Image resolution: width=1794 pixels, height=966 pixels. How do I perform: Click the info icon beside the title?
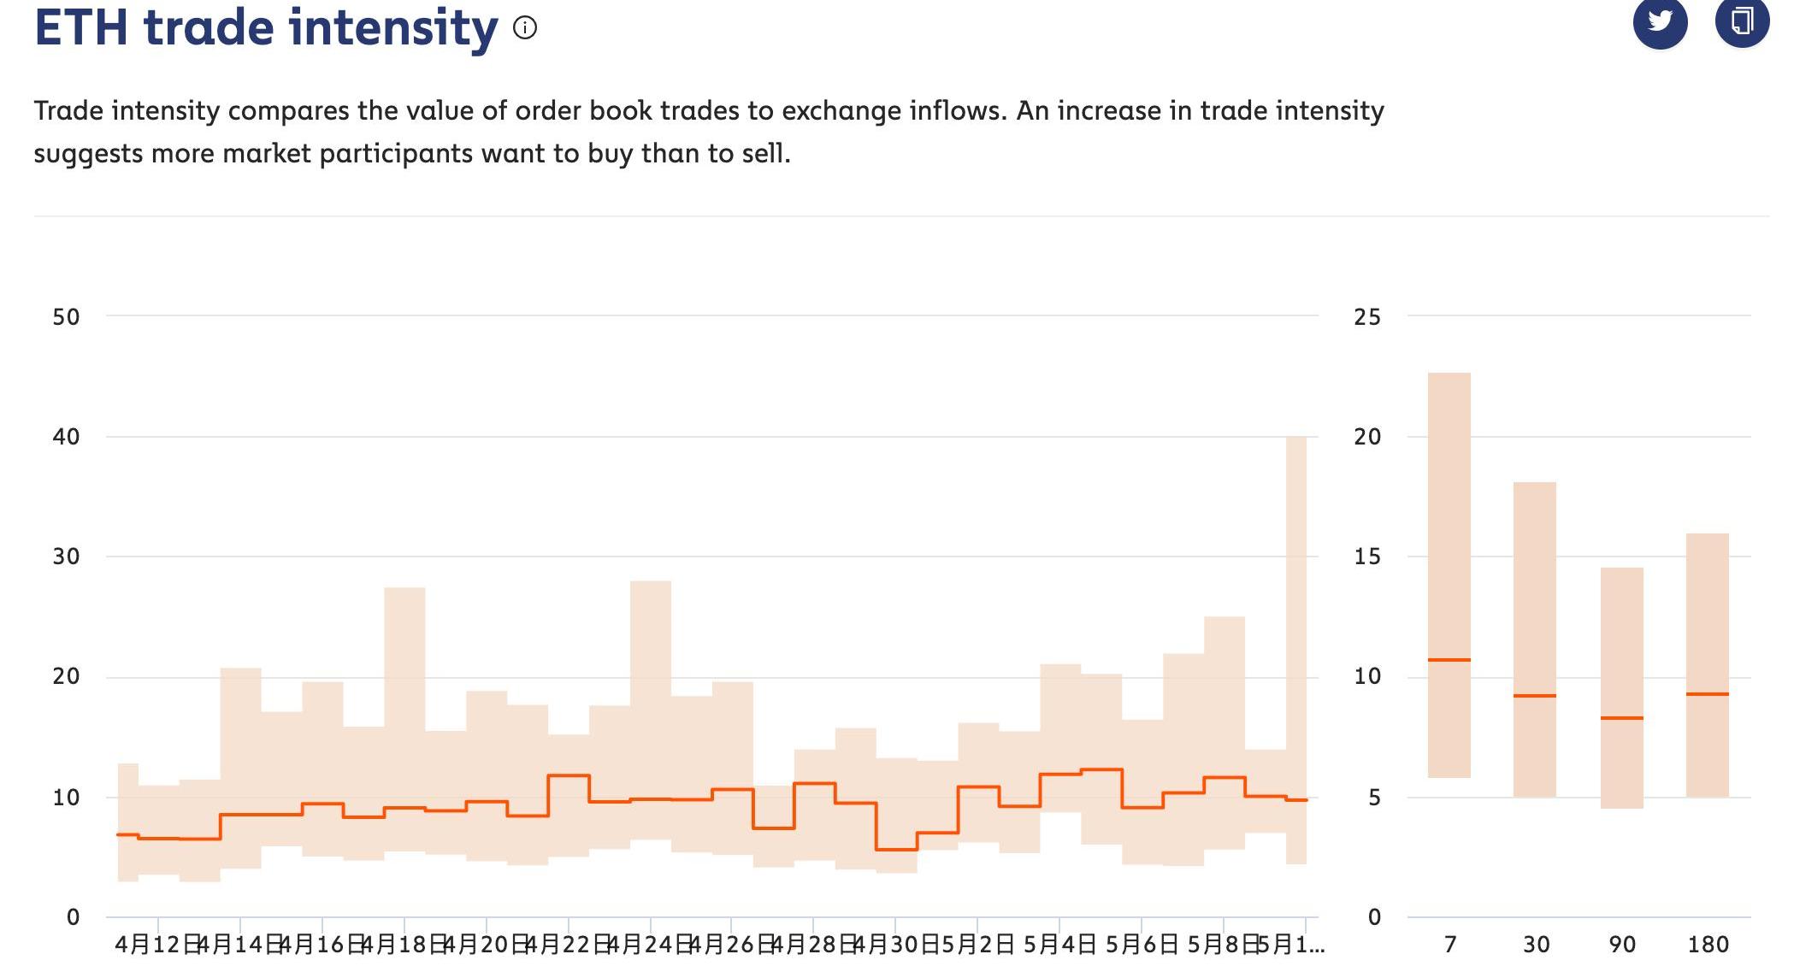point(525,28)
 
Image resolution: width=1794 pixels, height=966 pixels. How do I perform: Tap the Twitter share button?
point(1660,21)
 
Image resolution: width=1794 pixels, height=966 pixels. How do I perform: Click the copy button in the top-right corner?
point(1741,21)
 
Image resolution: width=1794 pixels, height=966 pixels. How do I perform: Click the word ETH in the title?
point(81,27)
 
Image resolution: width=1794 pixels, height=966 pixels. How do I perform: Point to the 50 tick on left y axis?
point(66,317)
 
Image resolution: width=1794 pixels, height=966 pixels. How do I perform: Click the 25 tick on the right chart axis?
point(1367,317)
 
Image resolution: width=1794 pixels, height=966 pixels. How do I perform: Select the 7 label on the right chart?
point(1449,945)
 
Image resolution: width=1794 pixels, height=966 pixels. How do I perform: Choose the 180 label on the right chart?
point(1708,945)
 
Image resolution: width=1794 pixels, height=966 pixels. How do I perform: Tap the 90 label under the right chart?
point(1621,945)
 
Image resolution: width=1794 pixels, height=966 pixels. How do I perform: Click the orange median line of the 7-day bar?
point(1449,660)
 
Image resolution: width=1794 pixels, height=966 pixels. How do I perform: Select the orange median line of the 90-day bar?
point(1621,718)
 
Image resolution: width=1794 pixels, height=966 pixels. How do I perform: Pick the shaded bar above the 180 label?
point(1708,616)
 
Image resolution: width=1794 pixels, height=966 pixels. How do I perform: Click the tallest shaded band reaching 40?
point(1296,598)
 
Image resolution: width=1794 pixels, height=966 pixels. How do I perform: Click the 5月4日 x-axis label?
point(1059,945)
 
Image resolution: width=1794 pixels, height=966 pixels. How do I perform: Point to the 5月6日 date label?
point(1142,945)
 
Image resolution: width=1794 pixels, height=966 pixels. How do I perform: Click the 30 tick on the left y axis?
point(66,557)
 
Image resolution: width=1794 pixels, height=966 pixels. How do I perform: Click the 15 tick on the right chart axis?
point(1367,557)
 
